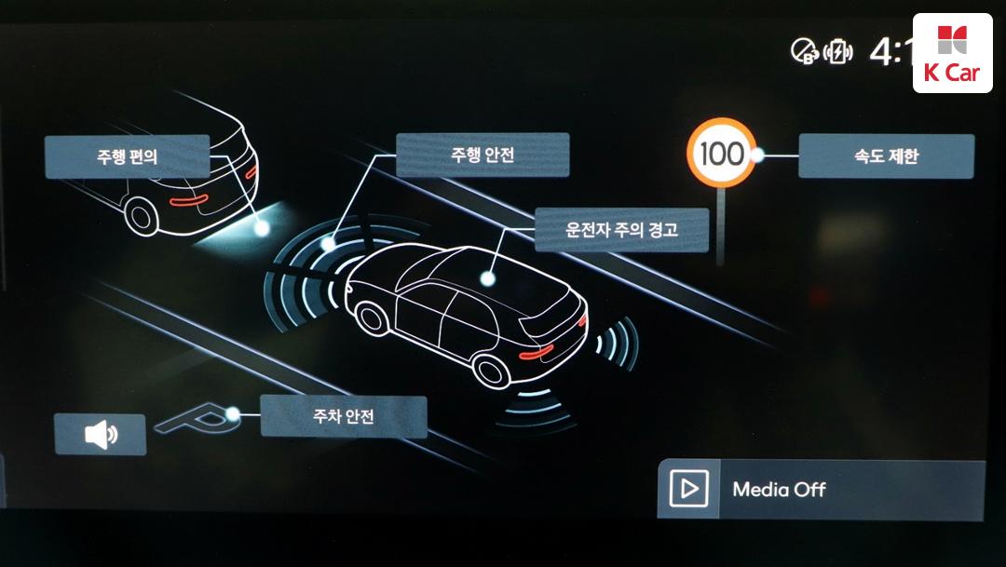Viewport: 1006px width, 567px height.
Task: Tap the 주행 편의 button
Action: [128, 156]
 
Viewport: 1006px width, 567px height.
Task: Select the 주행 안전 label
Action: [482, 155]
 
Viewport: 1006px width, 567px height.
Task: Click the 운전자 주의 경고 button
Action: [621, 230]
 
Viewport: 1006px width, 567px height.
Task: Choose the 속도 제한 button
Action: [886, 156]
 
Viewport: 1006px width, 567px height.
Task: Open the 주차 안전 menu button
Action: [343, 416]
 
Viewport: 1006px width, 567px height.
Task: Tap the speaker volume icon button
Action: [101, 435]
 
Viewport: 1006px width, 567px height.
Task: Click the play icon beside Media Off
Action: [689, 489]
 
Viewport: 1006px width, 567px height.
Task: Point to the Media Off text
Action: [779, 489]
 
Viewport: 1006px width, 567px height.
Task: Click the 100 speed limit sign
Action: [722, 154]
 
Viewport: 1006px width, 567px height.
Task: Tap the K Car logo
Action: [952, 53]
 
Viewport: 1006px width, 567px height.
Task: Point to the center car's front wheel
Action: [373, 319]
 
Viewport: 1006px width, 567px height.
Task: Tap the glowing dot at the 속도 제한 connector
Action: [758, 155]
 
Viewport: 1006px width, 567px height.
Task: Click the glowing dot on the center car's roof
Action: [486, 277]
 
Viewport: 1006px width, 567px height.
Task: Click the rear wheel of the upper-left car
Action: [143, 216]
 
